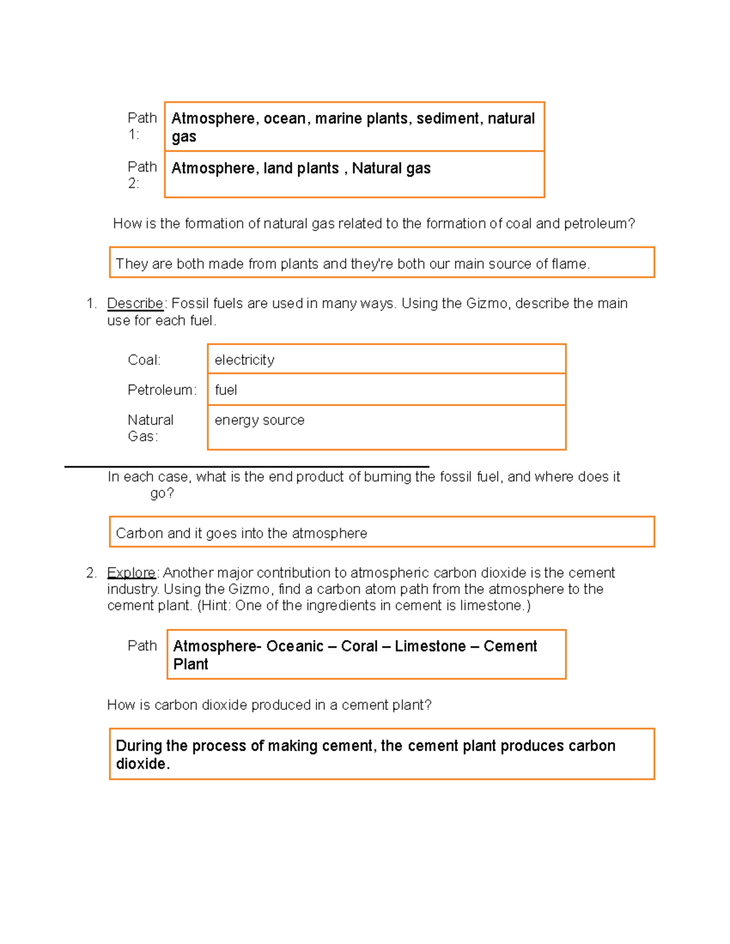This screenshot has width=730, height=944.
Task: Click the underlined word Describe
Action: (135, 303)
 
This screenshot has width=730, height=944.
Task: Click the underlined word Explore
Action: (131, 573)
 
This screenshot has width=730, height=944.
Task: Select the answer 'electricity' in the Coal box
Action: (244, 360)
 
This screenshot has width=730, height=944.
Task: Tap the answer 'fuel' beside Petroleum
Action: (226, 390)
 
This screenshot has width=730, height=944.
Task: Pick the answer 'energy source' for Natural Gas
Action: (259, 420)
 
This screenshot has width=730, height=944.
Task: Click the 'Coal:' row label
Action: (144, 360)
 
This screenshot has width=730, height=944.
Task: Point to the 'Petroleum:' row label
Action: (162, 390)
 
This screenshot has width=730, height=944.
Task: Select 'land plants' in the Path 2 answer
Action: (301, 168)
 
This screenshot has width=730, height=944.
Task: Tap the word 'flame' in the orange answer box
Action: (570, 264)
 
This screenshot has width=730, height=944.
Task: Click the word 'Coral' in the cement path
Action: (360, 646)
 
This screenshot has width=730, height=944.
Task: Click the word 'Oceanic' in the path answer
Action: (294, 646)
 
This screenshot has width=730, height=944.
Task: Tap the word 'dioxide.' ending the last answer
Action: (142, 764)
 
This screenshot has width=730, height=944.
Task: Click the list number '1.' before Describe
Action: (91, 303)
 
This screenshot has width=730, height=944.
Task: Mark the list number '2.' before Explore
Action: (91, 573)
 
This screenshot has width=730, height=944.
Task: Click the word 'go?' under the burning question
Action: (162, 493)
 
